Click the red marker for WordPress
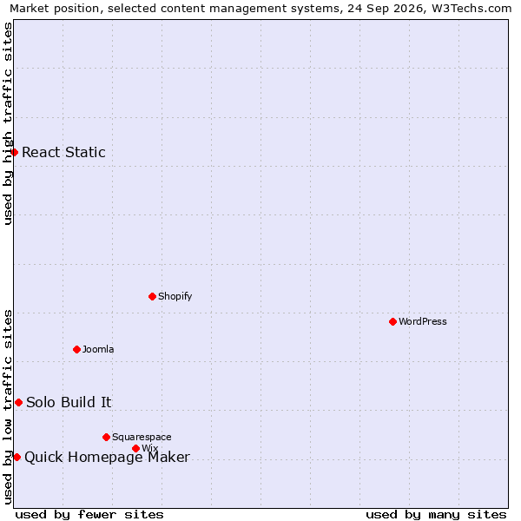[x=392, y=321]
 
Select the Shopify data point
[x=152, y=296]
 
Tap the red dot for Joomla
[x=76, y=350]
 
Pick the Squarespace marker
[x=106, y=437]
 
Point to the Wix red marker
[x=135, y=449]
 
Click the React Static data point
[x=14, y=152]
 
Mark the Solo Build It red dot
[x=18, y=402]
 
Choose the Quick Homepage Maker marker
[x=17, y=458]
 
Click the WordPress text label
[x=423, y=321]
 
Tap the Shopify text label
[x=175, y=296]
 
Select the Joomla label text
[x=98, y=349]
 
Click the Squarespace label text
[x=142, y=437]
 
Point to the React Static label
[x=63, y=152]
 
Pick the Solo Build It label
[x=69, y=402]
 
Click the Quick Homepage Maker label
[x=108, y=458]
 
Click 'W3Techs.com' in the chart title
[x=472, y=8]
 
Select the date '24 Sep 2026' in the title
[x=386, y=8]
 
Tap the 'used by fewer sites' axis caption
[x=89, y=515]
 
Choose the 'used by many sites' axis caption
[x=436, y=515]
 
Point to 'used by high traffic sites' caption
[x=8, y=123]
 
